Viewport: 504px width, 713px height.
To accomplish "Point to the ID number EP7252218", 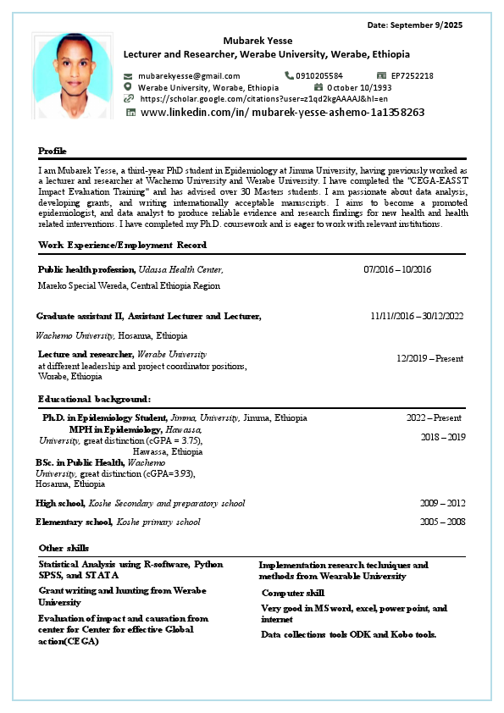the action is click(413, 75).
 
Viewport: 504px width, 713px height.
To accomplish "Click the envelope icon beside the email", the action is click(129, 75).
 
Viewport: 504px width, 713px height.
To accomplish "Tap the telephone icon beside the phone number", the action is click(289, 75).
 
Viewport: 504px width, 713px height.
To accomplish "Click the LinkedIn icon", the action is click(130, 112).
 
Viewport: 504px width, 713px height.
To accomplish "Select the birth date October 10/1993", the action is click(359, 87).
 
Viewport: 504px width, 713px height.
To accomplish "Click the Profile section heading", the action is click(53, 150).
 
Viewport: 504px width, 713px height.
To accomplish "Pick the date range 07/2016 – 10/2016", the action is click(397, 269).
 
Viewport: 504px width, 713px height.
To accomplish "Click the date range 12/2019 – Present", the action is click(430, 358).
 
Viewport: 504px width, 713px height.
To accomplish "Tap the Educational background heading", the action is click(95, 398).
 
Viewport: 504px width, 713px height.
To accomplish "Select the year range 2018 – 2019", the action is click(443, 437).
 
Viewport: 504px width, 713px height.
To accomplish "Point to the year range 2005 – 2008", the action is click(442, 522).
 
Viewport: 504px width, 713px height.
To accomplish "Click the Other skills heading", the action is click(64, 548).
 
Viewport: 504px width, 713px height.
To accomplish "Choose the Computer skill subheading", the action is click(292, 593).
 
